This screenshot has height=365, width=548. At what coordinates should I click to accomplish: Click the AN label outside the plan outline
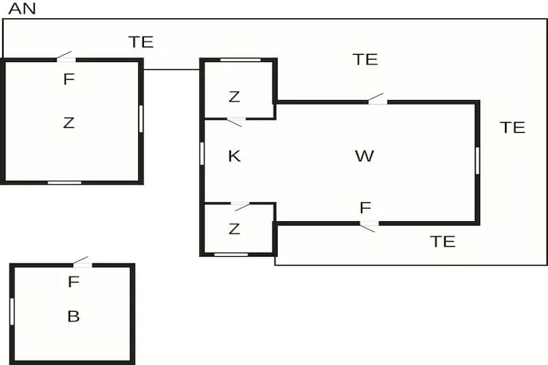pos(22,9)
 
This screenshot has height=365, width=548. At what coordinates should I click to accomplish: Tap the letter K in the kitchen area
pos(234,156)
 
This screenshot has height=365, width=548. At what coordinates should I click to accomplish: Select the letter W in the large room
pos(365,155)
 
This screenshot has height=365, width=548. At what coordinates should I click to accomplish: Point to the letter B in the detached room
pos(73,316)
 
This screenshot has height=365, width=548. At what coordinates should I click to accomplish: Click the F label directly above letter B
pos(73,282)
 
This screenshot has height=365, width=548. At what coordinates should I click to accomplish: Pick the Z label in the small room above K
pos(234,97)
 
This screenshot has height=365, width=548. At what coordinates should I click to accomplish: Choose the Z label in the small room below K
pos(234,229)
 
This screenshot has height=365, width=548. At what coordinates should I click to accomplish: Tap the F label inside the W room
pos(365,208)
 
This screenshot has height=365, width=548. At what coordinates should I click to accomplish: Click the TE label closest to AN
pos(141,42)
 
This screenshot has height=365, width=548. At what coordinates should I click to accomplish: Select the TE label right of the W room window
pos(513,128)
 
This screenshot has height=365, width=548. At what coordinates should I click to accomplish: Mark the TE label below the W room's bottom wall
pos(443,242)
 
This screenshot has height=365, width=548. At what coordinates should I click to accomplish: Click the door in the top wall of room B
pos(83,263)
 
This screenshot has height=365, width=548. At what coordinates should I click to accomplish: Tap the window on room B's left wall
pos(12,312)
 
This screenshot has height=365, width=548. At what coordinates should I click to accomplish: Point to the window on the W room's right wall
pos(477,161)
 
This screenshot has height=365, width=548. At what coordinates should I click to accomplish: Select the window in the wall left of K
pos(202,153)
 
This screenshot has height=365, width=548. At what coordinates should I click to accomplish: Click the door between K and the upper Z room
pos(235,122)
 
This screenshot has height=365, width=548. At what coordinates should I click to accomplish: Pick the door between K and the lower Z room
pos(240,206)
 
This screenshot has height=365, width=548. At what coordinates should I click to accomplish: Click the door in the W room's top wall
pos(378,99)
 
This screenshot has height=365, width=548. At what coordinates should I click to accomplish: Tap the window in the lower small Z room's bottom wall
pos(231,255)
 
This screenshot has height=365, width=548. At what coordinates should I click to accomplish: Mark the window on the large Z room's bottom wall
pos(64,182)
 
